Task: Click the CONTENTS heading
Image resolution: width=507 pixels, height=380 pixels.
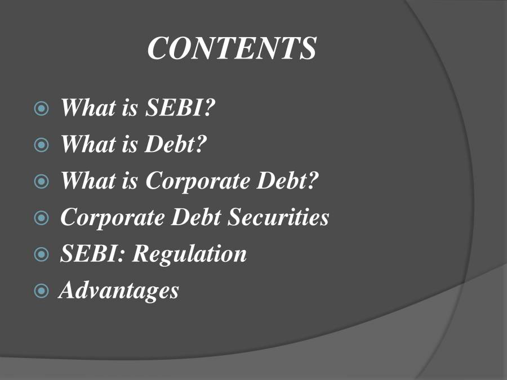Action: click(x=232, y=48)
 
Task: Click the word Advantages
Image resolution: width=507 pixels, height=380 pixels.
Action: click(x=119, y=290)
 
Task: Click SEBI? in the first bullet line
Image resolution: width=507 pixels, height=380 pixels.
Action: click(x=180, y=108)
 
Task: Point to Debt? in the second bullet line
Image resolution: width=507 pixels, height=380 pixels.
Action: click(x=176, y=145)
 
